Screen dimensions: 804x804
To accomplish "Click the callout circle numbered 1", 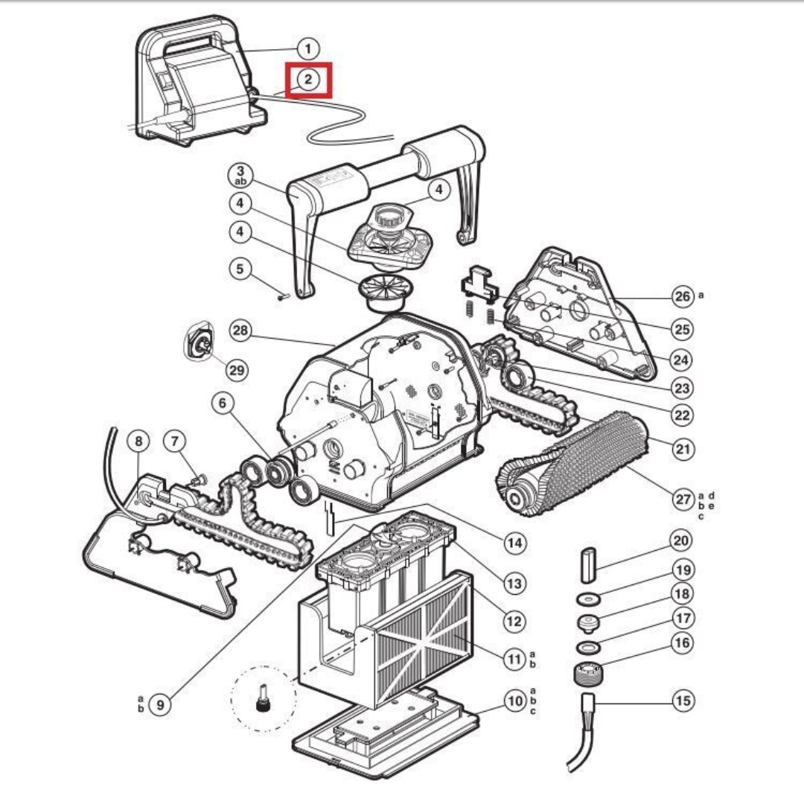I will (307, 50).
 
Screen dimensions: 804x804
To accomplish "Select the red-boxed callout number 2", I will (309, 79).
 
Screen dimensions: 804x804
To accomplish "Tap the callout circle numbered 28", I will (240, 332).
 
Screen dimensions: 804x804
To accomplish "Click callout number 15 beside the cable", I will (683, 701).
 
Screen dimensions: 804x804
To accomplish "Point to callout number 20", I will (680, 540).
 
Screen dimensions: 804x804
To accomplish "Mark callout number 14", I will (514, 543).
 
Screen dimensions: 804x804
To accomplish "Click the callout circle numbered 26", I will (683, 296).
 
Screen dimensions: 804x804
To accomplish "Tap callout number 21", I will (683, 448).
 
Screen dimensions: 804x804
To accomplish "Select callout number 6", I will (222, 403).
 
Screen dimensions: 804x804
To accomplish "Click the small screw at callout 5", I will (281, 296).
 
